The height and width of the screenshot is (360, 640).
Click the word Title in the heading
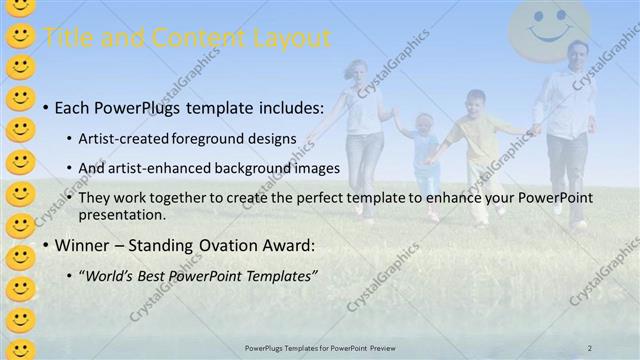point(69,39)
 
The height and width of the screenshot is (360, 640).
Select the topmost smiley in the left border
point(20,9)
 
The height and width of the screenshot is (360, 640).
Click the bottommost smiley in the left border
point(20,346)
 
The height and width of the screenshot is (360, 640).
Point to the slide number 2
point(590,347)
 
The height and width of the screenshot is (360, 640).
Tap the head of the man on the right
point(577,55)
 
